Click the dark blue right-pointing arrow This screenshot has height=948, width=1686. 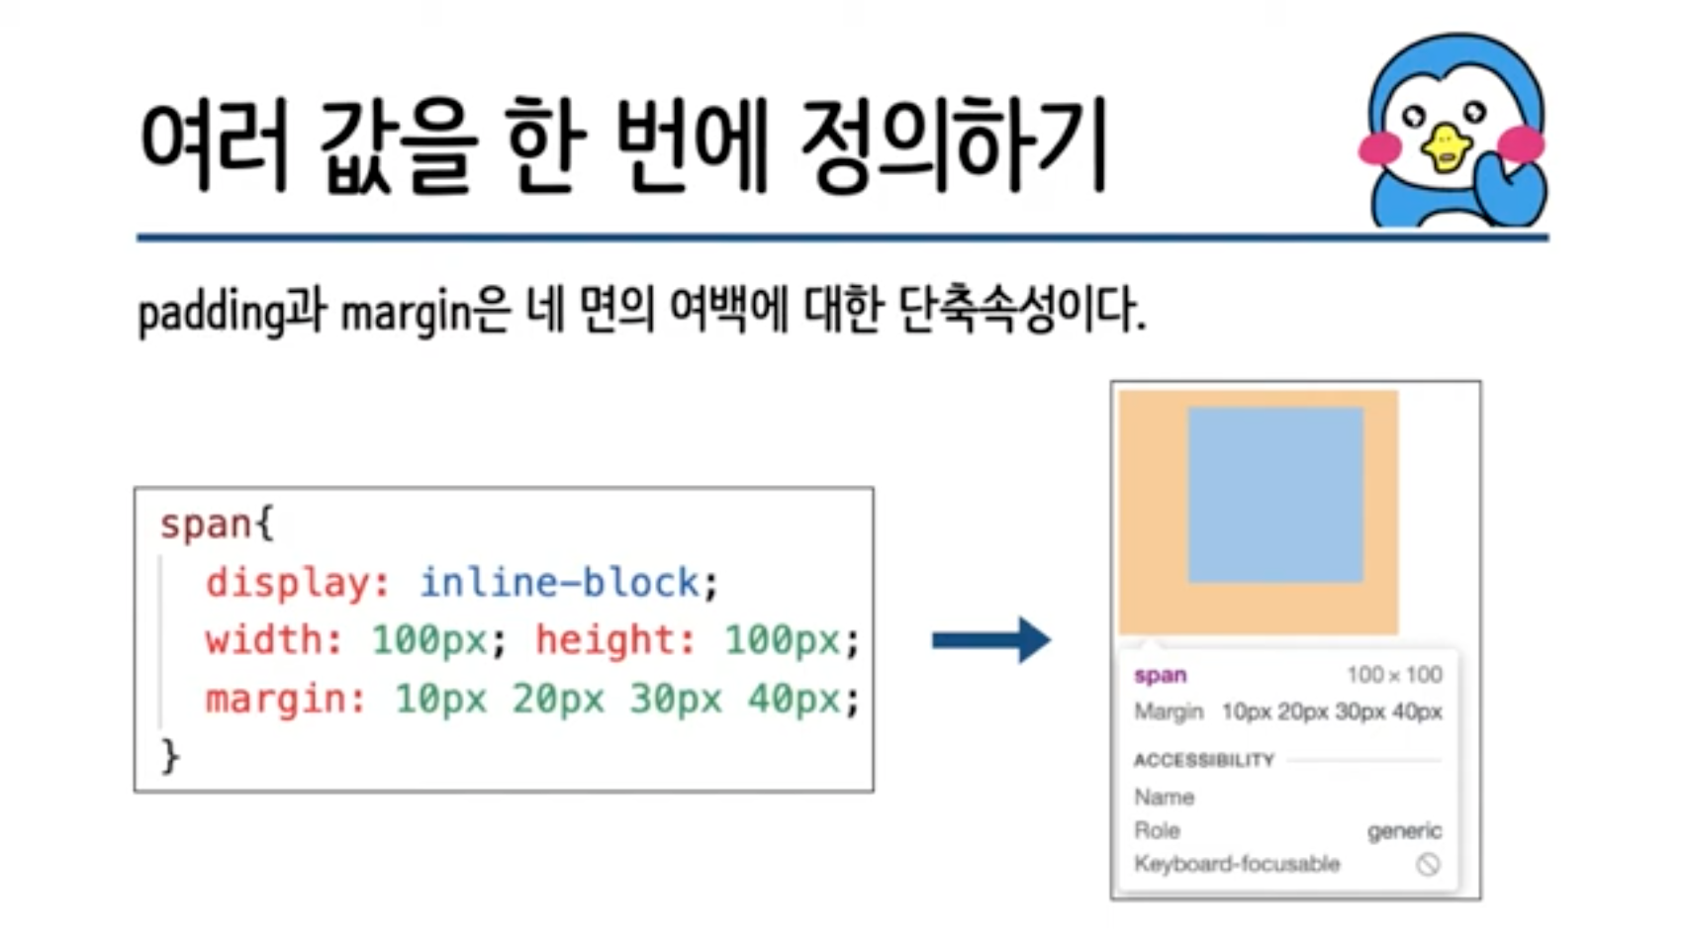(x=990, y=640)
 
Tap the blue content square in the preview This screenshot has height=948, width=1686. (x=1275, y=495)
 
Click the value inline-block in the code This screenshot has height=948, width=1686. (x=560, y=583)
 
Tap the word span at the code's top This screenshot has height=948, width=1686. (x=206, y=523)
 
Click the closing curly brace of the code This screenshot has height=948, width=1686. (x=170, y=757)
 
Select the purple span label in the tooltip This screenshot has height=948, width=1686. (x=1160, y=675)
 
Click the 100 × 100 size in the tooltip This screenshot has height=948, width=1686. (x=1394, y=675)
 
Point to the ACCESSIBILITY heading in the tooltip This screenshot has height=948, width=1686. (x=1203, y=760)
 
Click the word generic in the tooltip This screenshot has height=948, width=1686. (x=1404, y=830)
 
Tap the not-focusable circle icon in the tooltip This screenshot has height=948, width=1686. (x=1427, y=864)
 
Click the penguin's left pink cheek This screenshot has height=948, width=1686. (x=1379, y=147)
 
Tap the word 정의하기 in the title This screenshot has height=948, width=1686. (x=951, y=146)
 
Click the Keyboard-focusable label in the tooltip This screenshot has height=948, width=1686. (x=1237, y=864)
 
